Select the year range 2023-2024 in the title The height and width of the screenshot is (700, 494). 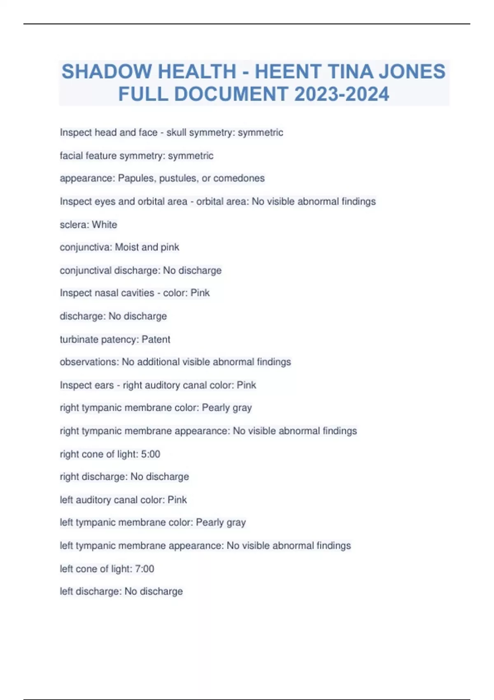[342, 94]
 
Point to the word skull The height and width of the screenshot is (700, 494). [176, 133]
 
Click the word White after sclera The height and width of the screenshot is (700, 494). [105, 224]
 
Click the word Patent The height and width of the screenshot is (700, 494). [156, 339]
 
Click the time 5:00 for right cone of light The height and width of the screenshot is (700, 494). [151, 454]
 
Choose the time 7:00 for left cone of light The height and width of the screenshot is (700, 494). [144, 569]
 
